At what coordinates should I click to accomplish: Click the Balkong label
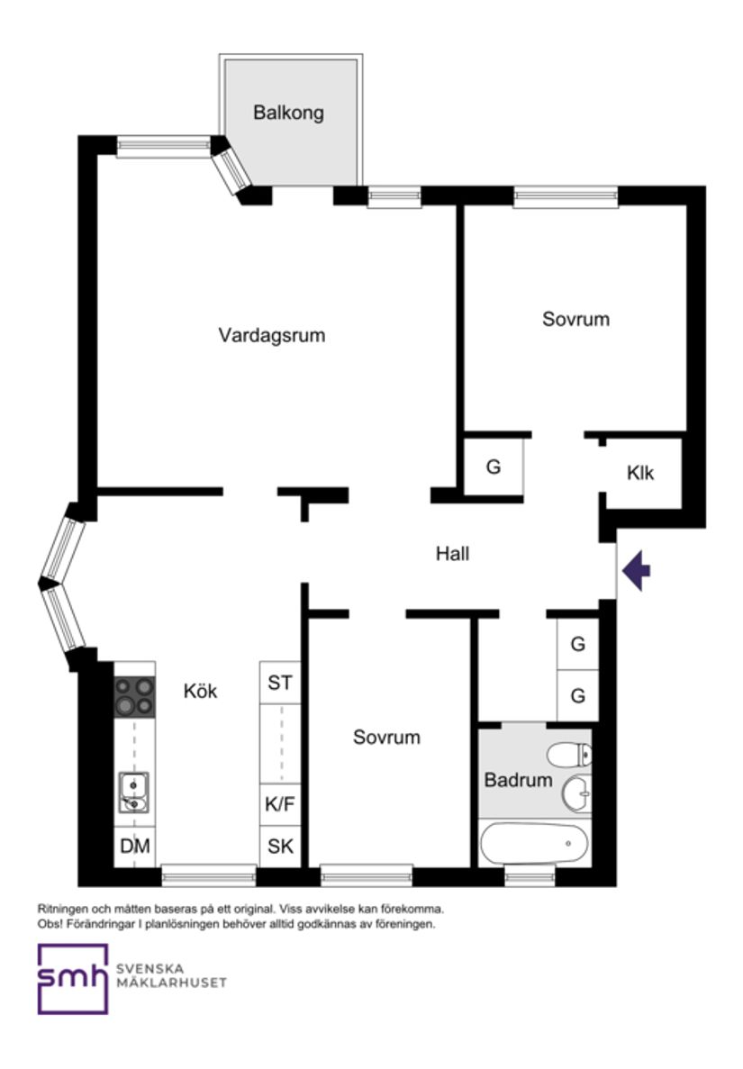288,113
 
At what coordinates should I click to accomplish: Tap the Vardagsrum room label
271,336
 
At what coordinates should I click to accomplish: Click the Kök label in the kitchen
200,692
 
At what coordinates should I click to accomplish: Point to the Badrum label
518,780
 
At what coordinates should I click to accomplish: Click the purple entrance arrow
638,571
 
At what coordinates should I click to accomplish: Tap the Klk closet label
640,474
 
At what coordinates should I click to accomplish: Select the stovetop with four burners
134,697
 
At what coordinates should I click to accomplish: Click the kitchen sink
133,792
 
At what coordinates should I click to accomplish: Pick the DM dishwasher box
135,847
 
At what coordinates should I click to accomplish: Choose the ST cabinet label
280,684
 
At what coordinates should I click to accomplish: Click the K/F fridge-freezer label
279,804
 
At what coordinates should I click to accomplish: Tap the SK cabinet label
280,847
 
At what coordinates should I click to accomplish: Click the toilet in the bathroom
569,753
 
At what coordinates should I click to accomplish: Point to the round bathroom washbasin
576,793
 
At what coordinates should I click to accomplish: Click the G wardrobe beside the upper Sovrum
493,467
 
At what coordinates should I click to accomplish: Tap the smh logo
72,978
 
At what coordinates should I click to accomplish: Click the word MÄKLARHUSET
171,982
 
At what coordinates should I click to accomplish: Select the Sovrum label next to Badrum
386,738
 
